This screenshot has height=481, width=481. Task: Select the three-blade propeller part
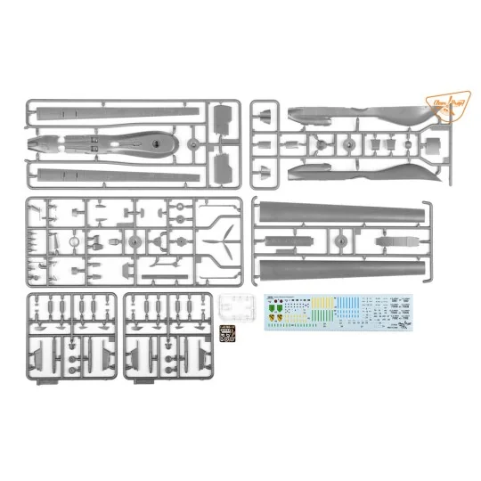pos(224,238)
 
